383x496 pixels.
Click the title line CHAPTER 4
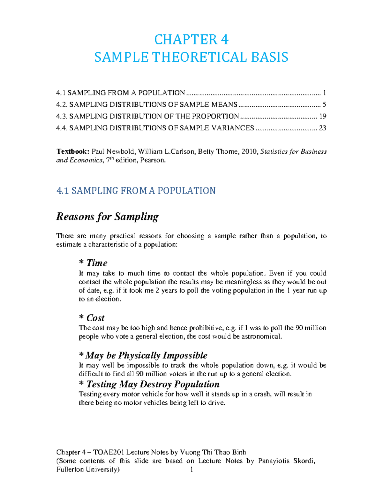(191, 40)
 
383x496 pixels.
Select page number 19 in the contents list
(323, 116)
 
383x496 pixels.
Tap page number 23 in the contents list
(323, 128)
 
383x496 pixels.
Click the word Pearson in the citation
(155, 160)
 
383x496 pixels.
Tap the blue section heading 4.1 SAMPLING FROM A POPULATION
(136, 191)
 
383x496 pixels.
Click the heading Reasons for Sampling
(107, 217)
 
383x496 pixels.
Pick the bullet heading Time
(97, 263)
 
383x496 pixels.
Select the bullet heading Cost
(95, 318)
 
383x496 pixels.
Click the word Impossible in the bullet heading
(185, 355)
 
